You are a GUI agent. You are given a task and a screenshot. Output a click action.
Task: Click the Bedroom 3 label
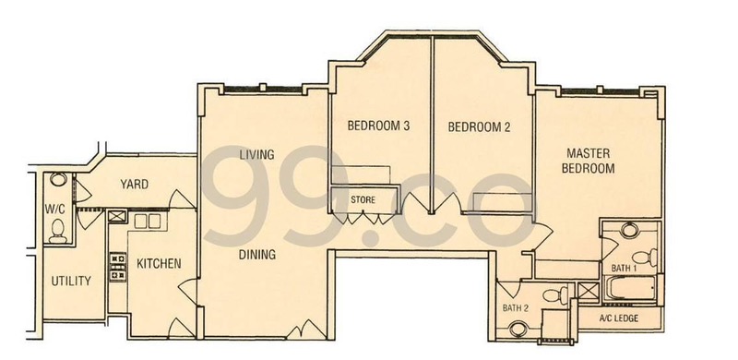coord(378,126)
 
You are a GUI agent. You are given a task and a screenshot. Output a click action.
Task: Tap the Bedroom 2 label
coord(479,126)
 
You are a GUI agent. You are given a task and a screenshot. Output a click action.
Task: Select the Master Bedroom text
coord(589,161)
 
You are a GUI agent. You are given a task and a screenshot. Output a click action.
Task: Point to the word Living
coord(256,154)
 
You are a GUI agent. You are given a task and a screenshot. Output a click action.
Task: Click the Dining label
coord(257,255)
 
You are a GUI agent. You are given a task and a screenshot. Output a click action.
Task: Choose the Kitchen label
coord(159,263)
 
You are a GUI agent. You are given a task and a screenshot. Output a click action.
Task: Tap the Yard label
coord(134,185)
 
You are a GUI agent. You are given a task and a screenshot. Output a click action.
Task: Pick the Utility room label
coord(71,282)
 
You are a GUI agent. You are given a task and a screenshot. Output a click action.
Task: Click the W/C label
coord(54,209)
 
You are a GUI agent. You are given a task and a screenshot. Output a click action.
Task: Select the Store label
coord(363,199)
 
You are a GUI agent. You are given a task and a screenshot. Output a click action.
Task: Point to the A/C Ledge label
coord(619,318)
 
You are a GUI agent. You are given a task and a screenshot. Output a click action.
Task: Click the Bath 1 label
coord(625,268)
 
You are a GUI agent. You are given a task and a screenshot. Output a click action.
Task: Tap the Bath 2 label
coord(516,308)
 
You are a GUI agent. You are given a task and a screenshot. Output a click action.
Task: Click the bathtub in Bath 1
coord(630,288)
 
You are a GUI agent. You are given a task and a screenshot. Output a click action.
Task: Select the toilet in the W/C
coord(58,231)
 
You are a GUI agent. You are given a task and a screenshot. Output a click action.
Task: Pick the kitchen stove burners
coord(118,267)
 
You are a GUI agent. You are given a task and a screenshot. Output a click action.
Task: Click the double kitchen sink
coord(148,222)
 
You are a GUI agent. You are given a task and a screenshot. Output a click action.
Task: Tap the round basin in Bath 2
coord(518,329)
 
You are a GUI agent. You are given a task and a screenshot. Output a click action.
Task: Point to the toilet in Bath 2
coord(555,295)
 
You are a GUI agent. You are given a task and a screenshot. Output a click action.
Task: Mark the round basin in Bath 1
coord(629,230)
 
